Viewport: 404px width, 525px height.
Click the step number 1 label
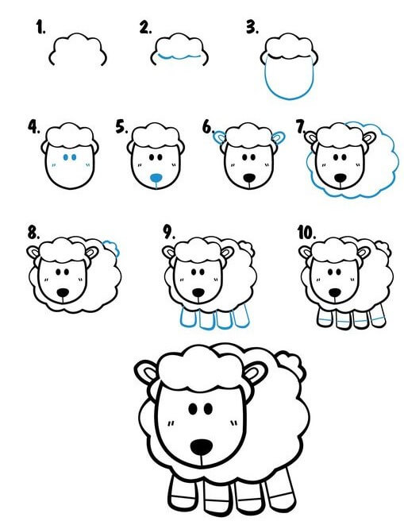click(x=40, y=27)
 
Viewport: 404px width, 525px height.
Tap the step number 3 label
click(x=252, y=27)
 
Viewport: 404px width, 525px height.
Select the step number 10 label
click(x=306, y=233)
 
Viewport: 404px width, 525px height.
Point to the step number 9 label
click(x=169, y=232)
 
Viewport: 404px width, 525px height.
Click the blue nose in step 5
click(x=156, y=178)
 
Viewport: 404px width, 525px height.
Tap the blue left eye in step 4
click(x=66, y=157)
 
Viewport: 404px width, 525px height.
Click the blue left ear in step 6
click(x=220, y=137)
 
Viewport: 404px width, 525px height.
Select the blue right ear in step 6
click(x=279, y=137)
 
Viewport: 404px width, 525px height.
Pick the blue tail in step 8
click(x=112, y=248)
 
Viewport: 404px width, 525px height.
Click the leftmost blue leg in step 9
click(x=188, y=318)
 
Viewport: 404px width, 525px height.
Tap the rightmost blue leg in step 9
click(x=241, y=315)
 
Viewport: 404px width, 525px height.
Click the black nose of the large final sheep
click(x=202, y=446)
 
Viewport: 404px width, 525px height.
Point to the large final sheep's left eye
click(x=193, y=409)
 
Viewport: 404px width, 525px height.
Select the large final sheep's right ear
click(x=256, y=373)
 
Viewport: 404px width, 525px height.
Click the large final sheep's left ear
click(x=146, y=372)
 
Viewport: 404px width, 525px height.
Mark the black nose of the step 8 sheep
click(x=63, y=293)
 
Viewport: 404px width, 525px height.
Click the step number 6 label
click(x=208, y=128)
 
